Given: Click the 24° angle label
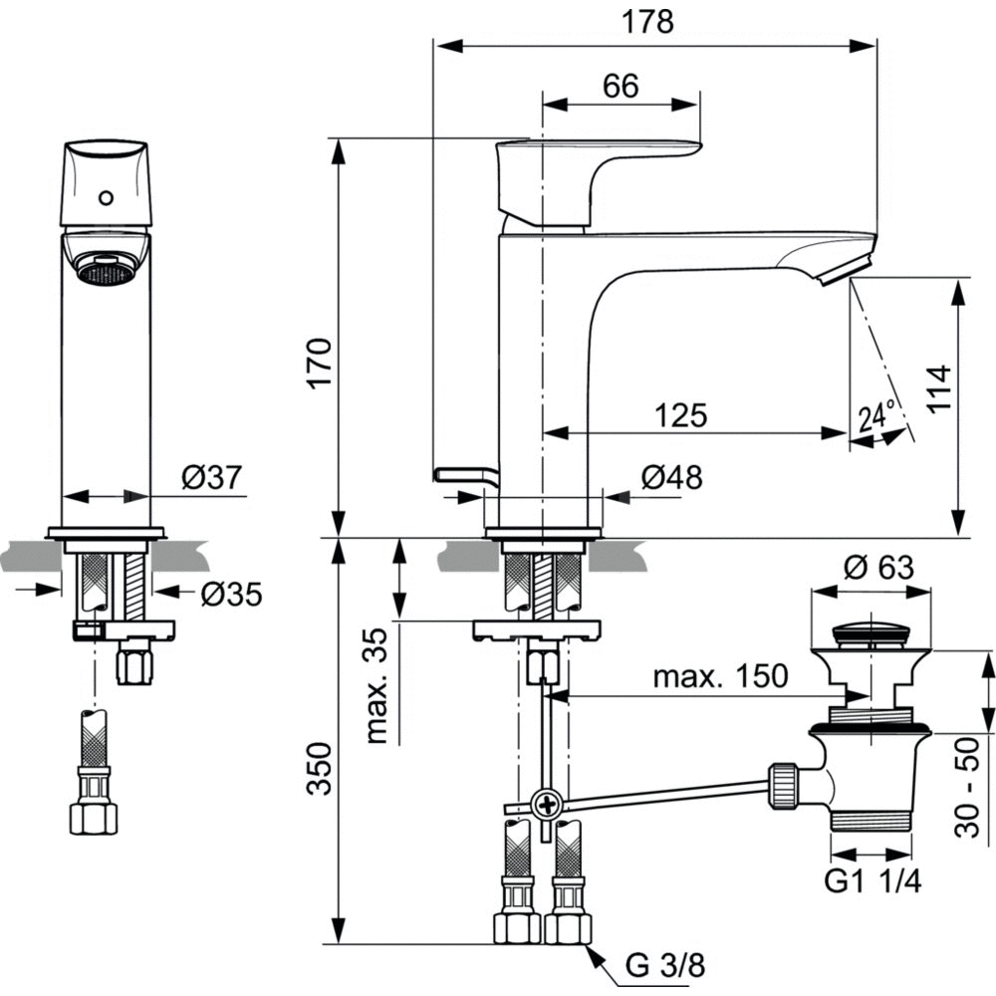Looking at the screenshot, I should tap(877, 415).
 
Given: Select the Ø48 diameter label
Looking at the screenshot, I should tap(671, 477).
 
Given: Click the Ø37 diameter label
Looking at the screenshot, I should tap(212, 477).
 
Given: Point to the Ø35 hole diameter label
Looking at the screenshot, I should tap(230, 595).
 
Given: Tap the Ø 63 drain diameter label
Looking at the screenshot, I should tap(878, 568).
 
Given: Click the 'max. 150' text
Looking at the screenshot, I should tap(720, 677).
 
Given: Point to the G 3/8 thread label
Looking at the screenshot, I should tap(664, 964).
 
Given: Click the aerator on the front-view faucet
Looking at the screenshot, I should tap(106, 267).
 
